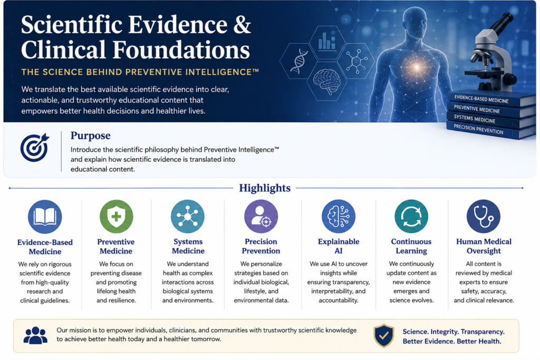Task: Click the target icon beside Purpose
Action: click(34, 148)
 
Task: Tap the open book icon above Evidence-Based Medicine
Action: click(45, 217)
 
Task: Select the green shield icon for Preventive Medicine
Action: click(117, 217)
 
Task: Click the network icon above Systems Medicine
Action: click(188, 217)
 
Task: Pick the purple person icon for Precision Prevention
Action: click(261, 217)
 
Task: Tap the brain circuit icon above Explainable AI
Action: click(339, 217)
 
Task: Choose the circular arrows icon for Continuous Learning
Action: click(411, 217)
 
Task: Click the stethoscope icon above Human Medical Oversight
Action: click(484, 217)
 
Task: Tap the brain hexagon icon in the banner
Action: click(326, 81)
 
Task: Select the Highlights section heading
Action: click(265, 188)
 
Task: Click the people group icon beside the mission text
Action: click(35, 335)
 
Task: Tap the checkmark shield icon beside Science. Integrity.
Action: click(384, 336)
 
